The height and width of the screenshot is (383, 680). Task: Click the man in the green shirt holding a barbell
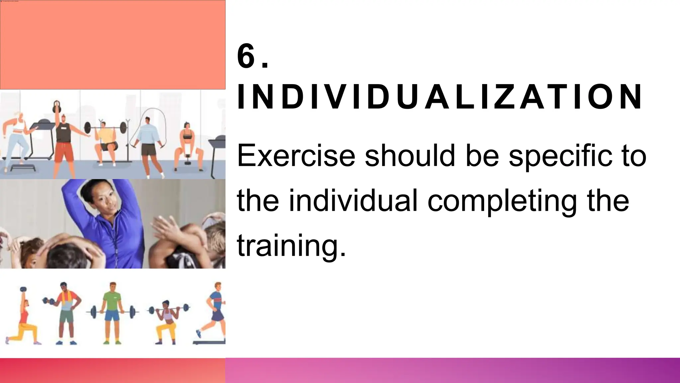coord(113,311)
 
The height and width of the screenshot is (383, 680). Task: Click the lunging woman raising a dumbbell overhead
coord(23,316)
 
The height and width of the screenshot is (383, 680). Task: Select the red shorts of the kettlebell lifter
coord(63,151)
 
